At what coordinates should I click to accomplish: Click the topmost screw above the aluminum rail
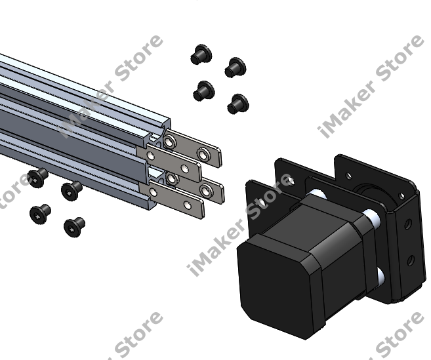[x=201, y=54]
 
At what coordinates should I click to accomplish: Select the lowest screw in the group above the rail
[x=238, y=104]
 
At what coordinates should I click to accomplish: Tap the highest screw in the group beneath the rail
[x=37, y=178]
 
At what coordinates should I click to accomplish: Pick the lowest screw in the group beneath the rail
[x=74, y=227]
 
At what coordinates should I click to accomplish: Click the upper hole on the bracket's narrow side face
[x=408, y=224]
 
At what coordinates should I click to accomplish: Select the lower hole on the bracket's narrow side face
[x=411, y=260]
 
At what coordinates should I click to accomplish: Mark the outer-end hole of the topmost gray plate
[x=203, y=155]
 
